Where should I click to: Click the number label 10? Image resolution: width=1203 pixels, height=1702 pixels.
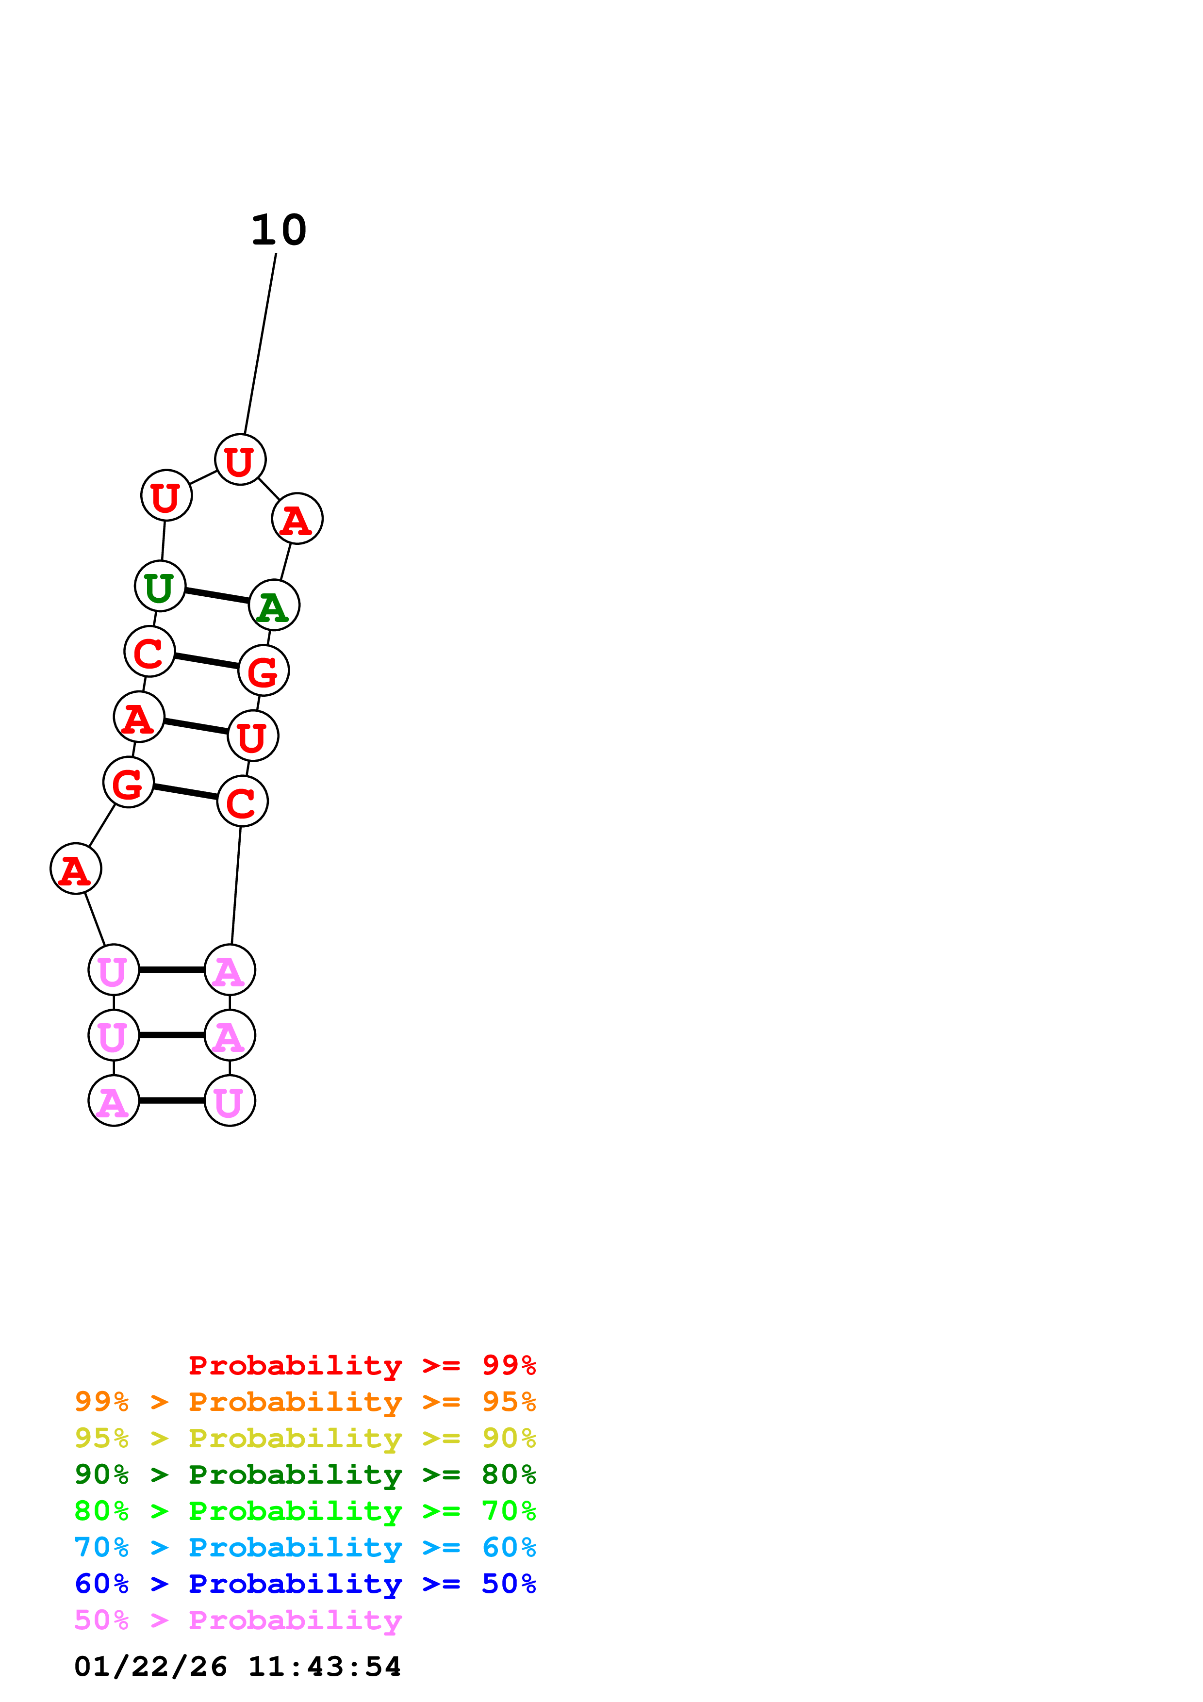click(x=279, y=230)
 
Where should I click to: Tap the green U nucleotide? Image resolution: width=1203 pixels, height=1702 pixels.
click(x=159, y=587)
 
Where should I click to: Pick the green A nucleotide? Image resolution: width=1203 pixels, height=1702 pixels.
click(x=274, y=606)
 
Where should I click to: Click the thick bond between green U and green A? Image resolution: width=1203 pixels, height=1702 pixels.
click(x=216, y=596)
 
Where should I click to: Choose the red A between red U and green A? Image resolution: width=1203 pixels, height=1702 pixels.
click(x=297, y=519)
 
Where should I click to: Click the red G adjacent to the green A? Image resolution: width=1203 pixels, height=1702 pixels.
click(x=263, y=671)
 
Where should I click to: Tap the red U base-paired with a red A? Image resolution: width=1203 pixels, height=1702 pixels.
click(x=253, y=736)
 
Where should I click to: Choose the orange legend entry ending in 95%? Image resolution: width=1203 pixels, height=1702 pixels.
click(x=305, y=1402)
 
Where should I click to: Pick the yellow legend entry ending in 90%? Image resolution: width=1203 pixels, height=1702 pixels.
click(x=305, y=1438)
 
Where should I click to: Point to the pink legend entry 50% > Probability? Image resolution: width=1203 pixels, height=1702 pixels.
click(x=238, y=1620)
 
